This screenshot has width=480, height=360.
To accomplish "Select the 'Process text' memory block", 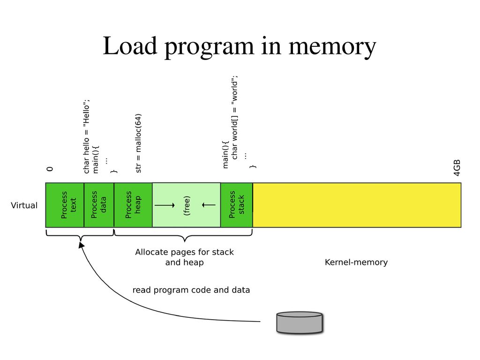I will [65, 205].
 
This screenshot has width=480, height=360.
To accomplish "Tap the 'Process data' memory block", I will [99, 205].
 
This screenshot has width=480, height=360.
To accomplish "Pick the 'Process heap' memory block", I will [133, 205].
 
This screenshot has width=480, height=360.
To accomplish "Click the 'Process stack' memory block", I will [236, 205].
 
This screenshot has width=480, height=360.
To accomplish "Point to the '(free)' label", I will [187, 205].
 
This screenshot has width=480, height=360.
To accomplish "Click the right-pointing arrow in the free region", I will [165, 205].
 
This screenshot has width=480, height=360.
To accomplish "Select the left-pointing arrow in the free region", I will [209, 205].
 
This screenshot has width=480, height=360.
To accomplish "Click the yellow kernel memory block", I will [357, 205].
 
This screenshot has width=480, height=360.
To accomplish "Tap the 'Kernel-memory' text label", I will [356, 262].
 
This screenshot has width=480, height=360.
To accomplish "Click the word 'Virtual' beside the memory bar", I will [24, 206].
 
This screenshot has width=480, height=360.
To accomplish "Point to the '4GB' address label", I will [457, 168].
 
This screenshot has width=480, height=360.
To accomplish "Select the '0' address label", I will [50, 169].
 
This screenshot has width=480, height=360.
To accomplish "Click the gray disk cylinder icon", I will [299, 322].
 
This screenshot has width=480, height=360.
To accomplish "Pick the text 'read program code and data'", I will [191, 290].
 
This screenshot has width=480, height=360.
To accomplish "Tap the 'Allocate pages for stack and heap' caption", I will [184, 257].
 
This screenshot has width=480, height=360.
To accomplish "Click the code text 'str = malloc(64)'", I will [139, 143].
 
